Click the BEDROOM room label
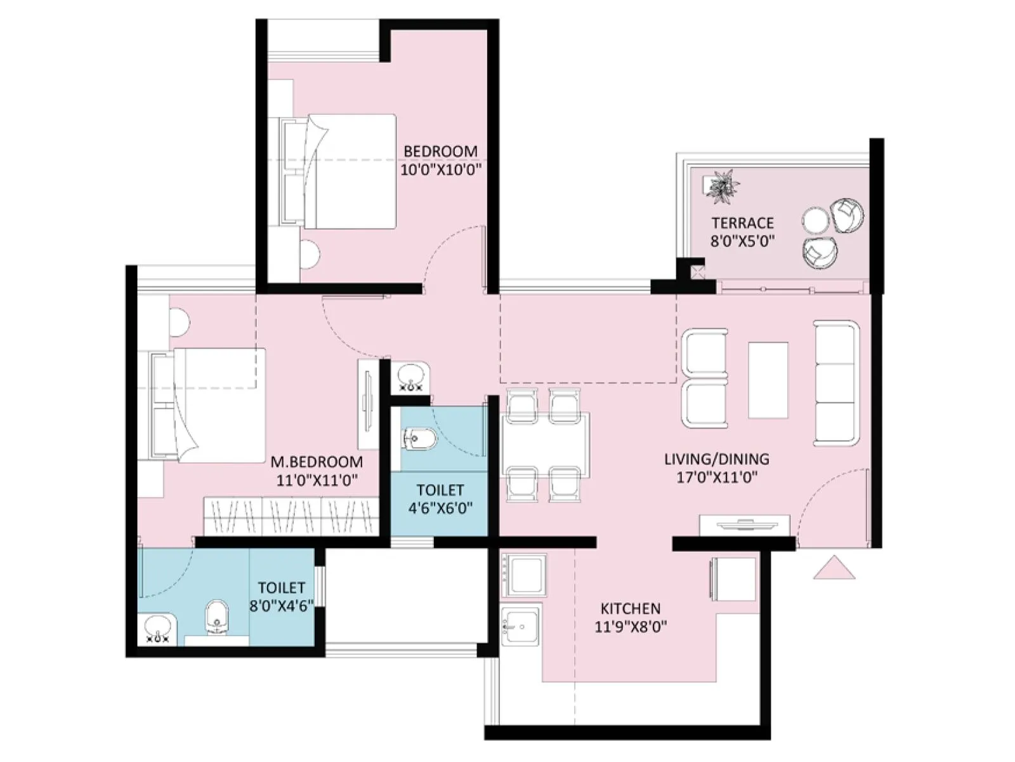(x=440, y=151)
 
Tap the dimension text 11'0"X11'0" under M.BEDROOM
(x=317, y=480)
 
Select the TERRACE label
(x=742, y=223)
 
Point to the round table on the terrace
(x=815, y=222)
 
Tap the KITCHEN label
(x=630, y=608)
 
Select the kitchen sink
(x=520, y=626)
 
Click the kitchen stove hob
(x=524, y=575)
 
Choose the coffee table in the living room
(x=768, y=380)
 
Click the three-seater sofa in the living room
(x=836, y=382)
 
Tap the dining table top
(x=546, y=444)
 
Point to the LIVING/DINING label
(x=717, y=459)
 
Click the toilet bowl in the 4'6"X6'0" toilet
(x=420, y=439)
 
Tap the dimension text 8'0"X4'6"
(x=281, y=606)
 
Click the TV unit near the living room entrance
(x=744, y=525)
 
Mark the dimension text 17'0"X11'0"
(x=717, y=478)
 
